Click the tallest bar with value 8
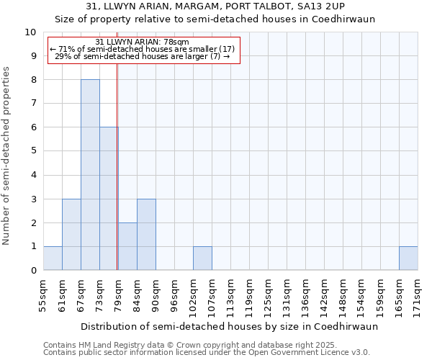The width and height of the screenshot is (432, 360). coord(90,175)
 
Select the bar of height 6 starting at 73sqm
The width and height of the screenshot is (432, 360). coord(109,199)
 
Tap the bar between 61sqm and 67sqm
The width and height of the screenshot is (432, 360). coord(71,235)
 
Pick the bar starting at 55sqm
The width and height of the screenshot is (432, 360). coord(53,258)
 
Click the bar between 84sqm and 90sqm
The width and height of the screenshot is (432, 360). coord(146,235)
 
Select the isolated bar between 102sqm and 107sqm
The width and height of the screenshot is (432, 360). coord(202,258)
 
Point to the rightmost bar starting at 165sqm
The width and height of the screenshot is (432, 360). coord(408,258)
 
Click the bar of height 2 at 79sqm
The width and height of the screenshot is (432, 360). coord(127,246)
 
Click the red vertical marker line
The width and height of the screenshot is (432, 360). coord(117,166)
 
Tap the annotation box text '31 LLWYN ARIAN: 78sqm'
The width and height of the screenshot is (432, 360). coord(142,42)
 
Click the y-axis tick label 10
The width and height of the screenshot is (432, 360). coord(30,32)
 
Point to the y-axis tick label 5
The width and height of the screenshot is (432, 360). coord(33,151)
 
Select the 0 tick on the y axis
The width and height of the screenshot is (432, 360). coord(33,271)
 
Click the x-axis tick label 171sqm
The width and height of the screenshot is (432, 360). coord(418,293)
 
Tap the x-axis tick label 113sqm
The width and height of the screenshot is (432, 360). coord(230,293)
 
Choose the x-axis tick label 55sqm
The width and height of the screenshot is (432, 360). coord(43,293)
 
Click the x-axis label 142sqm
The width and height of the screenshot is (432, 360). coord(324,293)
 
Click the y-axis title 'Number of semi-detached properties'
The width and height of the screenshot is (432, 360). coord(7,156)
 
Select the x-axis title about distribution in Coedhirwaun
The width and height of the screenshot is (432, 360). coord(229,326)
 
